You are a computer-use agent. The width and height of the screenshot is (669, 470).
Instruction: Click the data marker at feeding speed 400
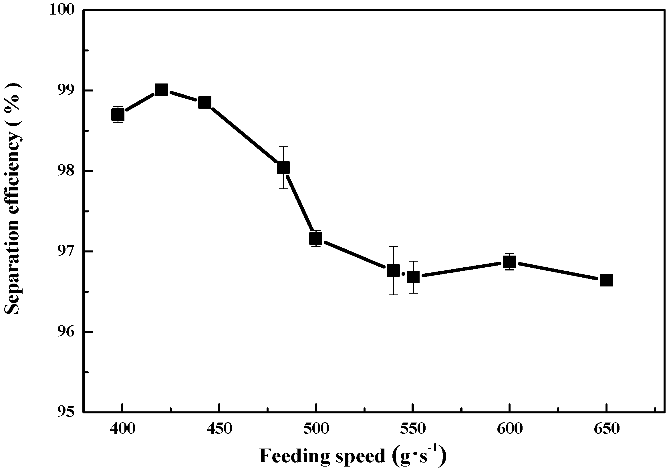(x=118, y=115)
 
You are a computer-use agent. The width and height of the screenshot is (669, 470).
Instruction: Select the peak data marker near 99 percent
(x=161, y=90)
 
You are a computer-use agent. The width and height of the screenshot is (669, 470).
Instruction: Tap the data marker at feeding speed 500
(x=316, y=239)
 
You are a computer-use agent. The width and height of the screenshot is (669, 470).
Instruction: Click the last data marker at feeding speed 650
(x=606, y=280)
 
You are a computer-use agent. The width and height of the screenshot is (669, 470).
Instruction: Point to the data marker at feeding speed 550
(x=413, y=277)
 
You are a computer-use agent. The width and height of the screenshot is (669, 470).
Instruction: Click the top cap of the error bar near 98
(x=283, y=147)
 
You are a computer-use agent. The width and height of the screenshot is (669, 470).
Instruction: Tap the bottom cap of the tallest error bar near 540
(x=393, y=295)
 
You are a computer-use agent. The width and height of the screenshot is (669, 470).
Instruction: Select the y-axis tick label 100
(x=62, y=10)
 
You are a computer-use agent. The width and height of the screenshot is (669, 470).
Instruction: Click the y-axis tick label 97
(x=66, y=251)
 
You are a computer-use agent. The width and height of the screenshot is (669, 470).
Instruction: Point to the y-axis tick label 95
(x=66, y=412)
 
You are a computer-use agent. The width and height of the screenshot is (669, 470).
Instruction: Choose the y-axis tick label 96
(x=66, y=332)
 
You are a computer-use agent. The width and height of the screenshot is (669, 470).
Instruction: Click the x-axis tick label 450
(x=219, y=429)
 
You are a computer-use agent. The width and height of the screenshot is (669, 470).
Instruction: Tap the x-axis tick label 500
(x=316, y=429)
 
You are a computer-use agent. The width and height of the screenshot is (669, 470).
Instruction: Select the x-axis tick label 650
(x=606, y=429)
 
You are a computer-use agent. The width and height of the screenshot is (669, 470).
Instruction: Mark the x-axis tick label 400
(x=122, y=429)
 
